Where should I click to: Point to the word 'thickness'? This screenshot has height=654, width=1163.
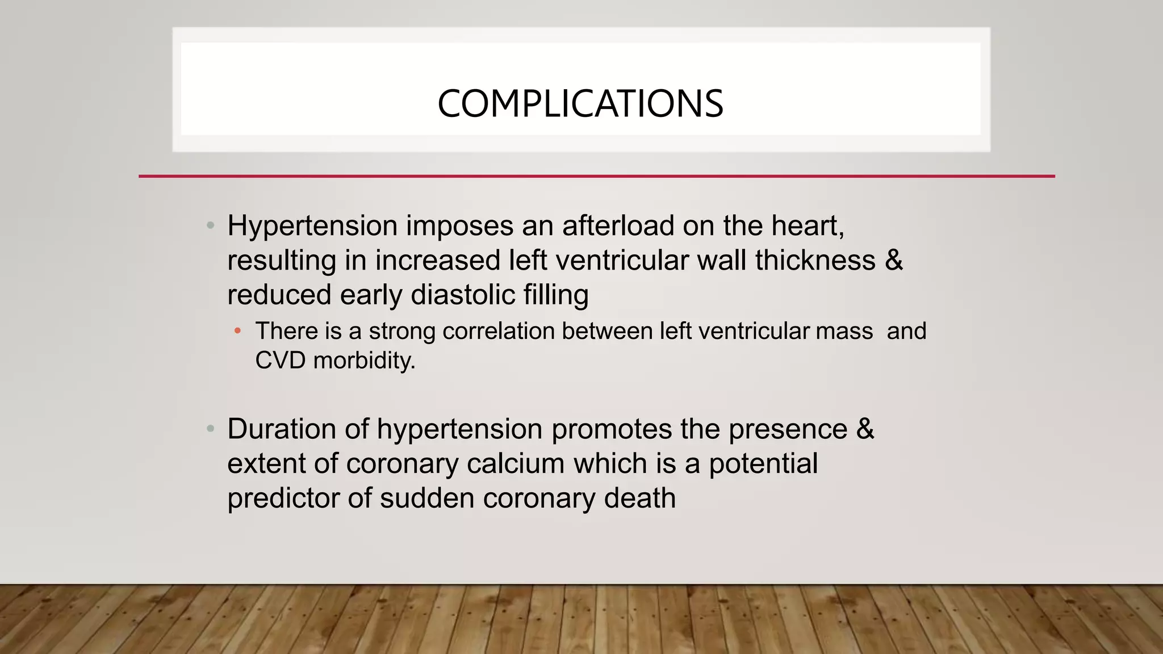point(815,260)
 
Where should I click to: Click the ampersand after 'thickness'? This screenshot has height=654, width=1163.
point(893,260)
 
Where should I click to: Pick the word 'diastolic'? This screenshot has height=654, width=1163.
point(462,295)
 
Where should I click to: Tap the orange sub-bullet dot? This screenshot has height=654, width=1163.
point(238,330)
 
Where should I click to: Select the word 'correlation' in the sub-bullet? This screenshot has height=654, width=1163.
point(498,331)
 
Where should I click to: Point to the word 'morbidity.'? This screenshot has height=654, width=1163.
point(364,360)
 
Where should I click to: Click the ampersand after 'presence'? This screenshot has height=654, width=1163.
point(865,429)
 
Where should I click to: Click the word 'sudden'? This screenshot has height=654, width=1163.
point(427,498)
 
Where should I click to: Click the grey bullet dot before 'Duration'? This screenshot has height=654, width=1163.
point(211,429)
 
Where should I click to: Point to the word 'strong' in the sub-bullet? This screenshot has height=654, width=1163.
point(402,331)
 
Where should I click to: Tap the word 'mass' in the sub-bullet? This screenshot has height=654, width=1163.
point(844,331)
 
